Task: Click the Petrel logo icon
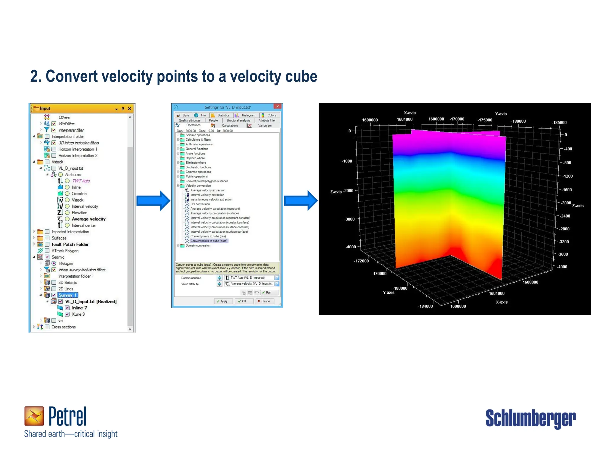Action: pos(34,416)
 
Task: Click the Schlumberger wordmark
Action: pos(531,418)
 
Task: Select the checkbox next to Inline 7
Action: pos(67,308)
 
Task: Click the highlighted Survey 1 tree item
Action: pos(67,295)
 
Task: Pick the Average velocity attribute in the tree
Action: pos(88,219)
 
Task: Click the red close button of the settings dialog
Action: pos(278,107)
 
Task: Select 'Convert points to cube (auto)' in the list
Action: pos(209,241)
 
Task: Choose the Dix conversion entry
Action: pos(200,204)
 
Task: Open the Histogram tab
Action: pos(248,116)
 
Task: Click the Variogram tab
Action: pos(265,126)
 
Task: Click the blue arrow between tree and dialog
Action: pos(153,201)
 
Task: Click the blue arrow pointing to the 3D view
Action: pos(301,201)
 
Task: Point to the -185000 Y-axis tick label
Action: pos(559,123)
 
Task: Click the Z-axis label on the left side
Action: pos(336,192)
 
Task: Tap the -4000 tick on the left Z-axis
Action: pos(351,247)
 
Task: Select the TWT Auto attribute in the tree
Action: pos(81,181)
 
